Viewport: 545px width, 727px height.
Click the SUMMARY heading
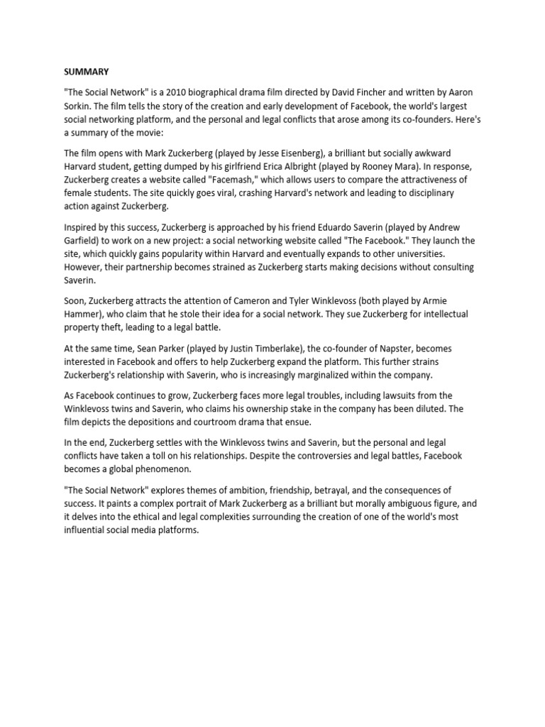click(x=87, y=72)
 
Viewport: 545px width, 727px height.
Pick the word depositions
click(x=150, y=422)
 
